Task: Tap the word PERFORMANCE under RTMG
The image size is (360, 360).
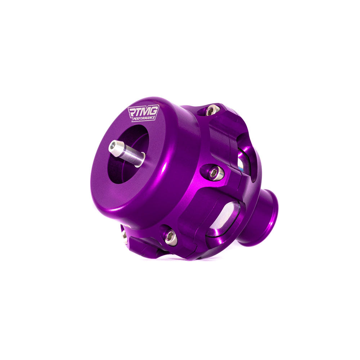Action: (x=144, y=118)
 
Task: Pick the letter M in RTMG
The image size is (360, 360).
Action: (x=146, y=110)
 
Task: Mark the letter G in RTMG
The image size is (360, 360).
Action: (x=154, y=109)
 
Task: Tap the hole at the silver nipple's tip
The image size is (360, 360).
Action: (x=113, y=145)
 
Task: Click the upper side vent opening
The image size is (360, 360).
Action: (x=245, y=158)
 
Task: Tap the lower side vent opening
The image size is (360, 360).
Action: (x=223, y=219)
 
